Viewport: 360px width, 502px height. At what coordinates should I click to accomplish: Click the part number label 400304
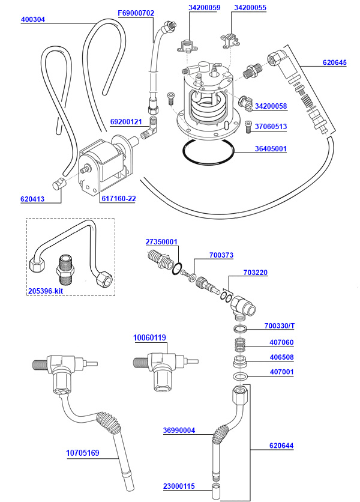coord(33,19)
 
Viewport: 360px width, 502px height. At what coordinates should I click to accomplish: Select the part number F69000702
coord(136,13)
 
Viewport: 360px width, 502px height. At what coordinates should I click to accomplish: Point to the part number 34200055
coord(250,8)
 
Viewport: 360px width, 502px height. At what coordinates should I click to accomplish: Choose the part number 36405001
coord(271,148)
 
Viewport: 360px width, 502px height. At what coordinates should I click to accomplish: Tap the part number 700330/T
coord(280,326)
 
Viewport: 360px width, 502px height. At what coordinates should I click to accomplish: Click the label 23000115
coord(178,486)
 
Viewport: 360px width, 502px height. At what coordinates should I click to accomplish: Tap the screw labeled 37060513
coord(248,127)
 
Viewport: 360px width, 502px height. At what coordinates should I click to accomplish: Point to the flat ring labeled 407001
coord(239,376)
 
